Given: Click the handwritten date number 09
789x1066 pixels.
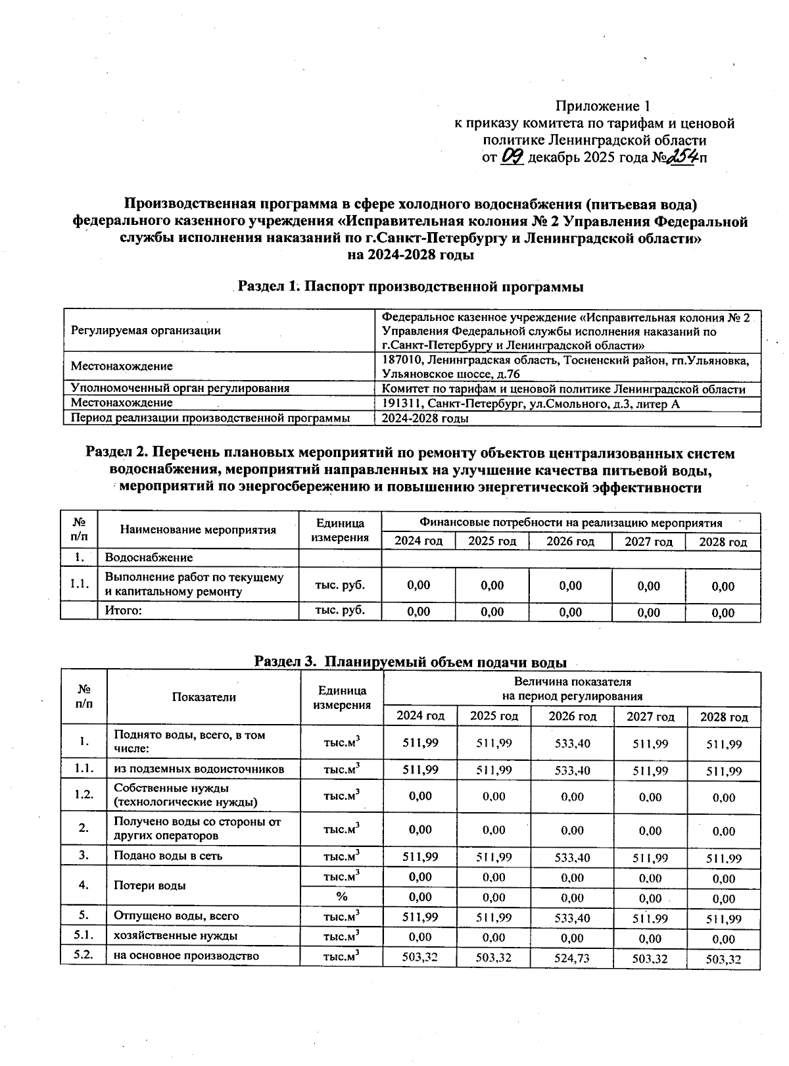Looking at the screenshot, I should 512,157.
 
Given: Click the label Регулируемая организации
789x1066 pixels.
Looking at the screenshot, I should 146,331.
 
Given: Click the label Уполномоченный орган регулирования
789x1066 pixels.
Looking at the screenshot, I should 180,388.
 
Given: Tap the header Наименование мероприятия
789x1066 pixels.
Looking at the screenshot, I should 198,530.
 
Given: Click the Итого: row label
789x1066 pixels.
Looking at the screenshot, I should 124,611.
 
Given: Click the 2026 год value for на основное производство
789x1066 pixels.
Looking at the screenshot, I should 571,958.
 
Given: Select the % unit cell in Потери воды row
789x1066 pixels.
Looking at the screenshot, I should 341,896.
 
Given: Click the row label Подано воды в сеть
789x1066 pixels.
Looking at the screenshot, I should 168,856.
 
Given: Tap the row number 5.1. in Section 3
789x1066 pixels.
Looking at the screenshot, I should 83,935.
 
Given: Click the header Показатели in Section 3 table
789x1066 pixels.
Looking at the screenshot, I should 204,697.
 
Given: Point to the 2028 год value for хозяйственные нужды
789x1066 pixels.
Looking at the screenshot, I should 723,938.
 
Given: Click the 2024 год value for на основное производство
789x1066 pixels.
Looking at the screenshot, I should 419,958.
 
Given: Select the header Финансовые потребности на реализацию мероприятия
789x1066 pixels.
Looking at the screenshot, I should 571,523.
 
